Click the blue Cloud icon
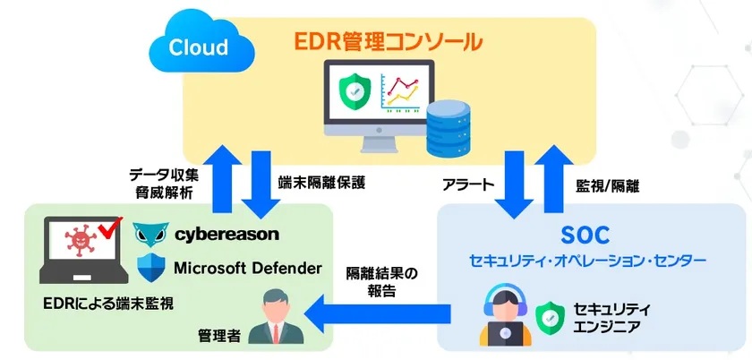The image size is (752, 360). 202,47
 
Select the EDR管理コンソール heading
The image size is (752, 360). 388,42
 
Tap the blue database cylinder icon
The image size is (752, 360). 448,129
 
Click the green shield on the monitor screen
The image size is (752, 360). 354,90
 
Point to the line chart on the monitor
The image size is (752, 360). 399,92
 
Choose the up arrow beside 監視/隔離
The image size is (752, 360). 554,178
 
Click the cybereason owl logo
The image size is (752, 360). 150,235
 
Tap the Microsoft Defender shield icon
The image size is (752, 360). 150,268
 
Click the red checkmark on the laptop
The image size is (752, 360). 109,228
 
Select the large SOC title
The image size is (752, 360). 585,236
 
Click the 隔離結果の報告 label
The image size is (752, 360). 381,283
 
